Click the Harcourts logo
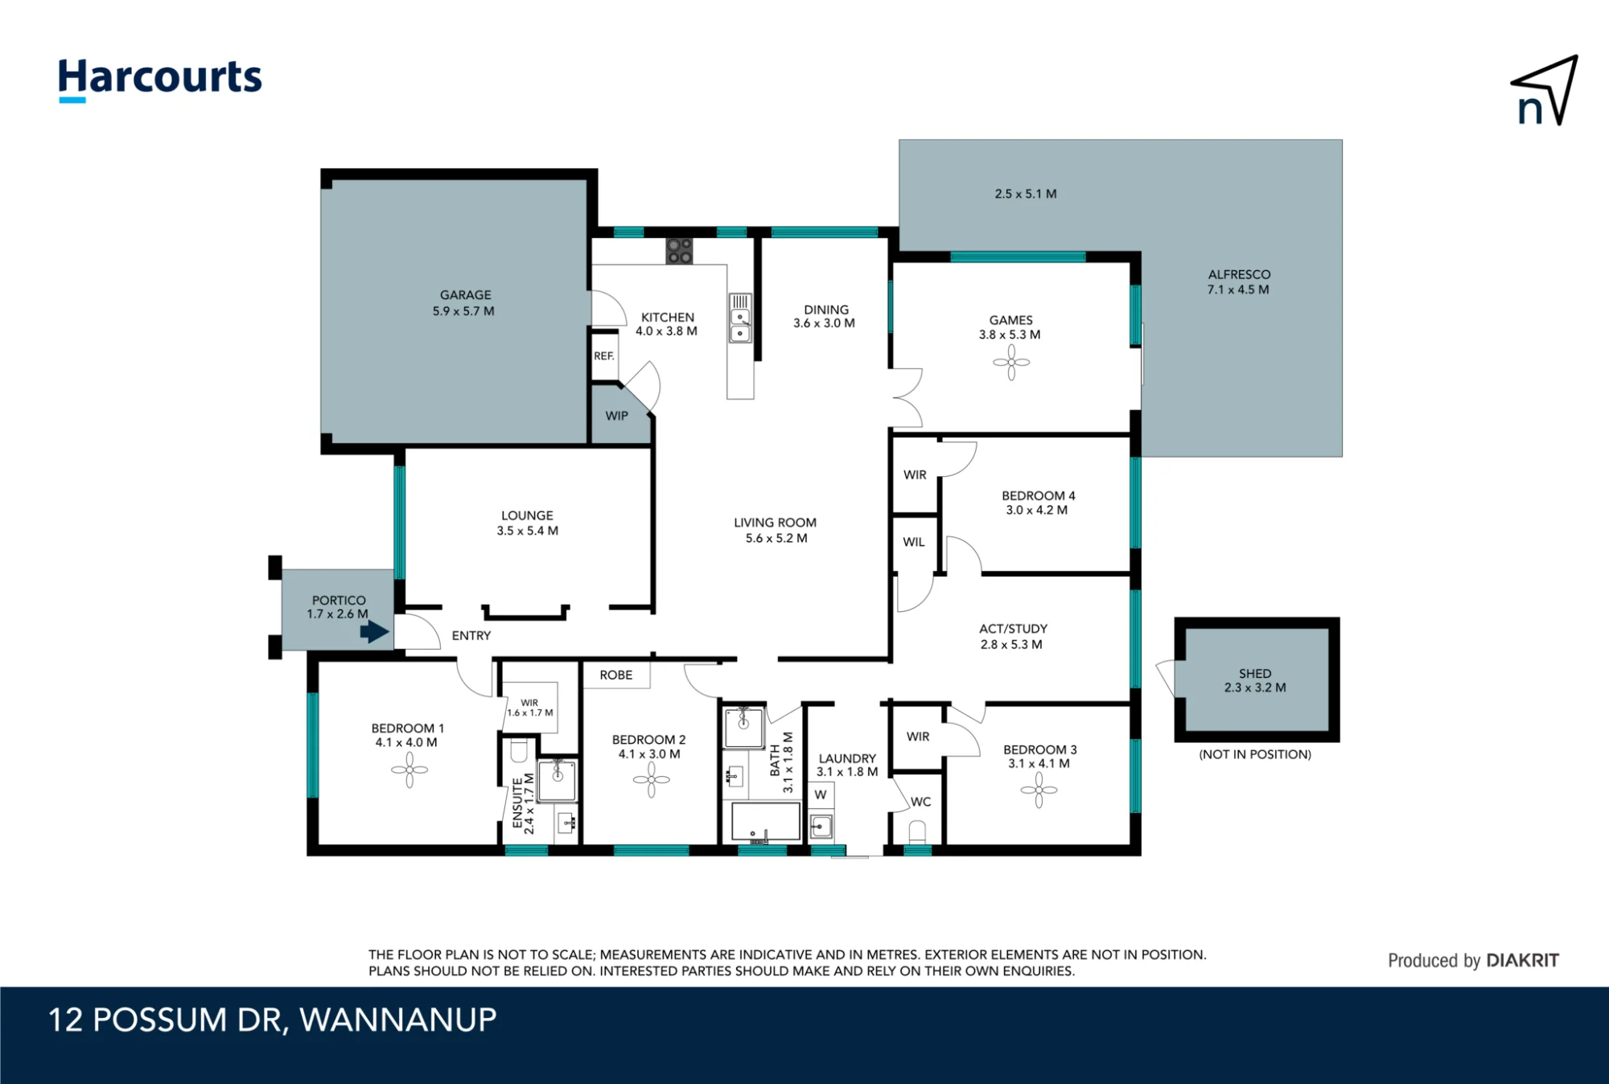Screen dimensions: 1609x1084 [160, 80]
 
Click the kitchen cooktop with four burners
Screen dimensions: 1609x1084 [679, 251]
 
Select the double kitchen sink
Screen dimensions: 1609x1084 [740, 318]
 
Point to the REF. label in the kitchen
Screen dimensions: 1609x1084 [604, 356]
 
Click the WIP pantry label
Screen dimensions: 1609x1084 [617, 416]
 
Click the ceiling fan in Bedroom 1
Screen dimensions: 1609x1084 [409, 770]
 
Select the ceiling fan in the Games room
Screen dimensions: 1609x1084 [1011, 363]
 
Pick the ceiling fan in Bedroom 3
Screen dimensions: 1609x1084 [1039, 790]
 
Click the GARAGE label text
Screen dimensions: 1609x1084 [465, 295]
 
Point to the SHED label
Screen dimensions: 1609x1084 [1255, 674]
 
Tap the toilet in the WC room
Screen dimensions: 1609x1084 [917, 831]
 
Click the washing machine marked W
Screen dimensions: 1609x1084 [821, 795]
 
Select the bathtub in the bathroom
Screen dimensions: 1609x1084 [765, 822]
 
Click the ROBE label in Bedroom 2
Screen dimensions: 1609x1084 [616, 675]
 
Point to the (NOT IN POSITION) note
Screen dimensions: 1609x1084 [1255, 754]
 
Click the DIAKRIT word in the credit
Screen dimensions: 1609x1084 [1523, 960]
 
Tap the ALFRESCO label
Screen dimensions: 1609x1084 [1239, 275]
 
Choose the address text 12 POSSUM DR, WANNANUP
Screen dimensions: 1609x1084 [273, 1020]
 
